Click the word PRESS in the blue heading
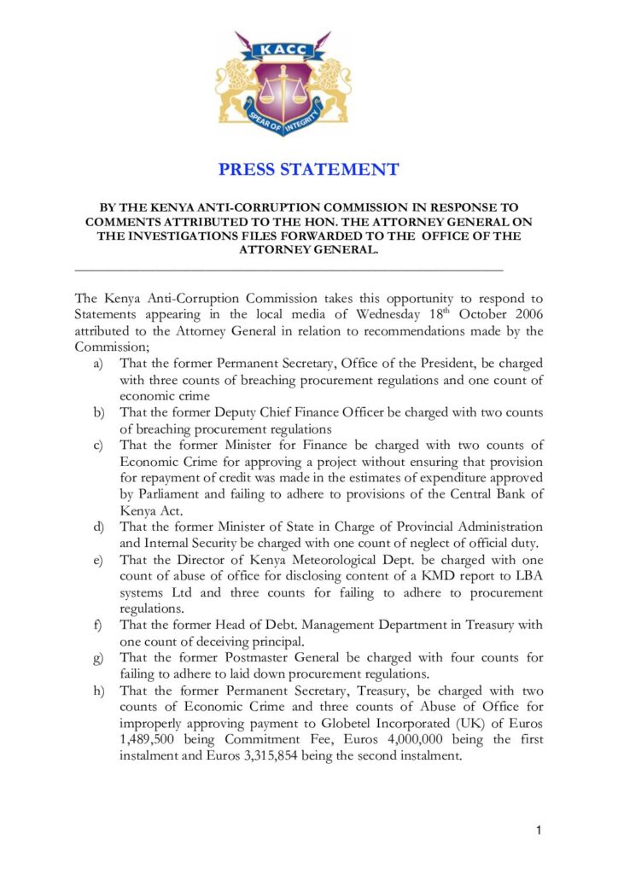[x=251, y=169]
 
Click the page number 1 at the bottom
[x=539, y=830]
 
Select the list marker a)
[x=97, y=364]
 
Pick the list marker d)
[x=97, y=527]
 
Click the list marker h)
[x=97, y=690]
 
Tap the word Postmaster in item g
[x=271, y=657]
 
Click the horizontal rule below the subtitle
[x=289, y=269]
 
